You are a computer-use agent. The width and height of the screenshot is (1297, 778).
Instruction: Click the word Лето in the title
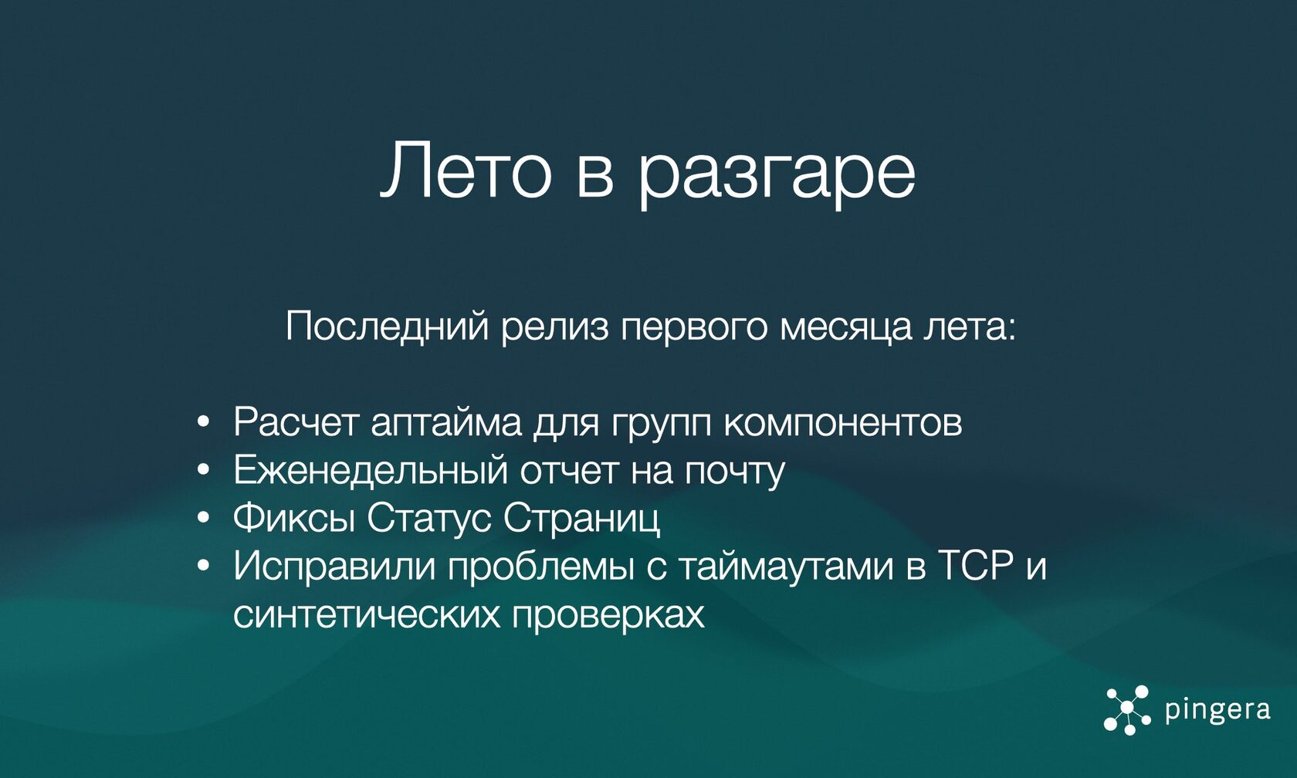coord(466,171)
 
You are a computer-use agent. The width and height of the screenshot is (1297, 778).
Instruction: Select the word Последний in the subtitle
coord(388,327)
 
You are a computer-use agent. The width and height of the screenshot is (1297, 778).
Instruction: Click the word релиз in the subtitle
coord(555,329)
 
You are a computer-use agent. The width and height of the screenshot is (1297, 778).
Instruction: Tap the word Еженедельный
coord(371,470)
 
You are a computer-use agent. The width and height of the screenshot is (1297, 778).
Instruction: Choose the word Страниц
coord(581,519)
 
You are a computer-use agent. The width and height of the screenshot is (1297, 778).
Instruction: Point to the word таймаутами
coord(784,567)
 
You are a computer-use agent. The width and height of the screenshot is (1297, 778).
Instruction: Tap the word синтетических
coord(367,614)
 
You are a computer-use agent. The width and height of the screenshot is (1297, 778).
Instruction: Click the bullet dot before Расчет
coord(202,423)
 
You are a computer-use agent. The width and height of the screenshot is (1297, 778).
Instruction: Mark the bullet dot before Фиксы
coord(202,517)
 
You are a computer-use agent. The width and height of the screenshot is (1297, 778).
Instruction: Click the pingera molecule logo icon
coord(1127,710)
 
